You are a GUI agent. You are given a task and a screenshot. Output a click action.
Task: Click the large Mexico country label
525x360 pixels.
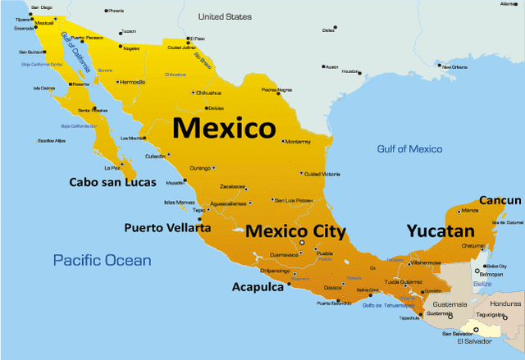pos(223,129)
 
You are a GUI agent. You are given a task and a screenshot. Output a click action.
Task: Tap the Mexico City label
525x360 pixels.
pos(295,231)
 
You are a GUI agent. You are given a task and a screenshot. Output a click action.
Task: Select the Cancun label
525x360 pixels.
pos(500,200)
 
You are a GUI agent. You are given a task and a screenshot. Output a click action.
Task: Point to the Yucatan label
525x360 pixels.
pos(441,231)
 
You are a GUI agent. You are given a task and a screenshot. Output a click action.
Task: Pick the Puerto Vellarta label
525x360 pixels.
pos(167,227)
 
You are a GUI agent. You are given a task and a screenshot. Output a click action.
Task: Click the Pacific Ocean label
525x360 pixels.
pos(103,260)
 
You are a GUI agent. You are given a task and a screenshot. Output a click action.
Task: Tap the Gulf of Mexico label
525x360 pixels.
pos(409,149)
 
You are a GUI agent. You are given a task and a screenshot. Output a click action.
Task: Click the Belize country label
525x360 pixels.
pos(485,284)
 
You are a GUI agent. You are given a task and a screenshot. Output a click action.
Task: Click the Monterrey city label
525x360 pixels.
pos(297,141)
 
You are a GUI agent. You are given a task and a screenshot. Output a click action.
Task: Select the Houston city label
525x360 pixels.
pos(351,71)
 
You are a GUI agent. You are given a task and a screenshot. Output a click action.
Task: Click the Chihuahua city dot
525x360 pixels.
pos(193,93)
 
